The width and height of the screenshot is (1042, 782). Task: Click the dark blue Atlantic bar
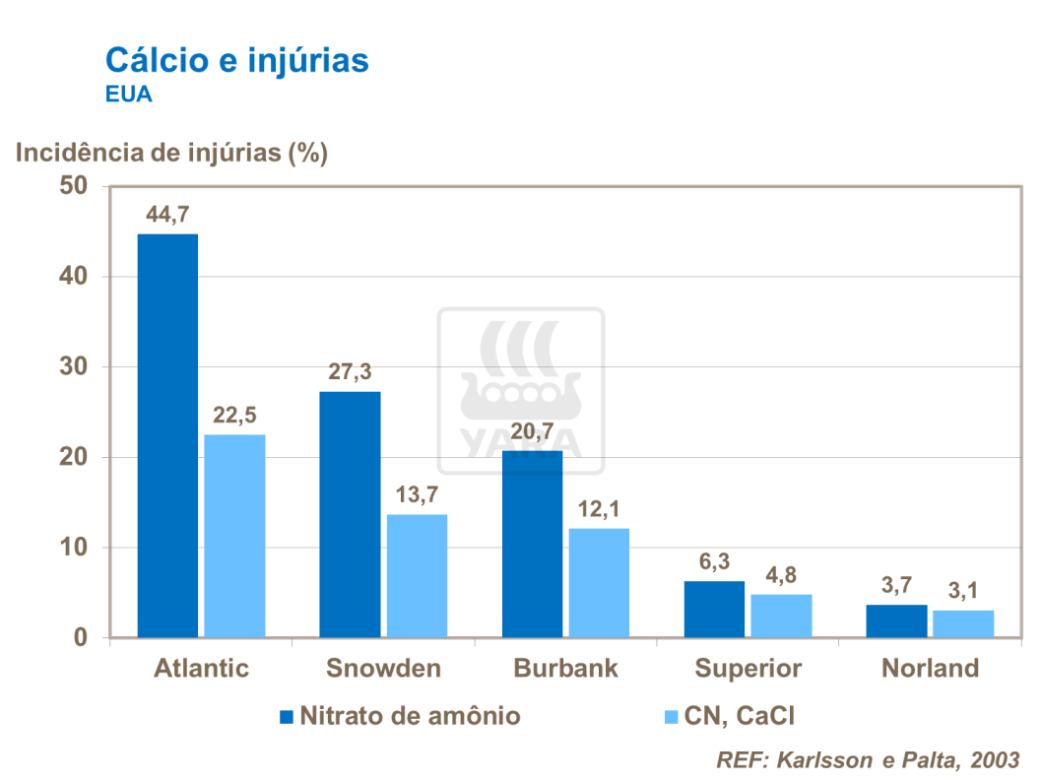tap(167, 435)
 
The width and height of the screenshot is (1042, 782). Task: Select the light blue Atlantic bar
tap(234, 536)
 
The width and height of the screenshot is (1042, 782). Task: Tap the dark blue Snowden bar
tap(350, 514)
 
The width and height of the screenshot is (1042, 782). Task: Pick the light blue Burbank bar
tap(599, 583)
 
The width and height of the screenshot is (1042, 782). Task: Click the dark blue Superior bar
tap(715, 610)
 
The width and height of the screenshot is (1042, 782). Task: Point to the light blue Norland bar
tap(963, 623)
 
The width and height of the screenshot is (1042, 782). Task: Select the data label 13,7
tap(417, 495)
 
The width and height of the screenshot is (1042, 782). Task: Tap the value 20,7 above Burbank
tap(532, 431)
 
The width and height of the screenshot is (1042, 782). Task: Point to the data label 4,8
tap(781, 576)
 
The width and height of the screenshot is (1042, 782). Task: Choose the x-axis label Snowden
tap(383, 669)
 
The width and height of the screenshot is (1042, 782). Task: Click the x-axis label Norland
tap(930, 669)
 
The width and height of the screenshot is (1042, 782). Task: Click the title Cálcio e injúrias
tap(236, 60)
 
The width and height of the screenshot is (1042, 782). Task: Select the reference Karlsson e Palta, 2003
tap(867, 760)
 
